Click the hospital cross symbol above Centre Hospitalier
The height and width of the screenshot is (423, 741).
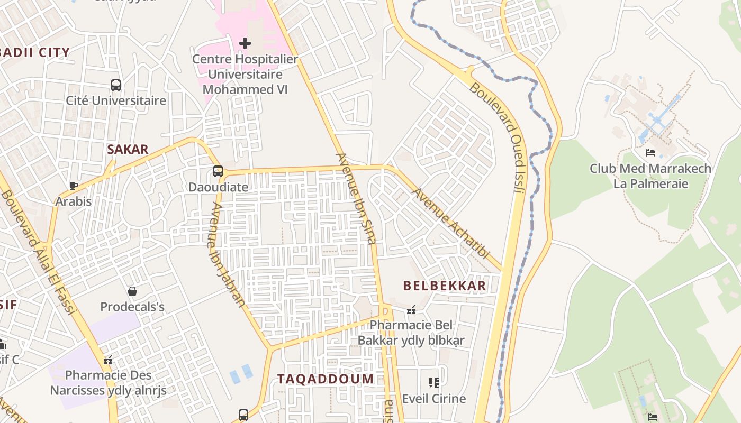[245, 43]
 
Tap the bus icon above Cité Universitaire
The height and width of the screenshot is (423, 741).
[116, 85]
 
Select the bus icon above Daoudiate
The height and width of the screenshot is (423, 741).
[218, 171]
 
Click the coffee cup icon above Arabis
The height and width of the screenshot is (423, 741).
[74, 186]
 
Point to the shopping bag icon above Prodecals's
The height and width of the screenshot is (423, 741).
[132, 291]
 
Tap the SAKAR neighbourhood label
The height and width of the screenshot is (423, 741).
[128, 149]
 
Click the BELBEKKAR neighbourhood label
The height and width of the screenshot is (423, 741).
[444, 286]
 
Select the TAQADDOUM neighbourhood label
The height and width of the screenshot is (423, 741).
[326, 379]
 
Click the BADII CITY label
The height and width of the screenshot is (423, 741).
[36, 52]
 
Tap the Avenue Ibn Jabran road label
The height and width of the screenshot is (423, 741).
[228, 254]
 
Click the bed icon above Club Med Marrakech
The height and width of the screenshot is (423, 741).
[650, 153]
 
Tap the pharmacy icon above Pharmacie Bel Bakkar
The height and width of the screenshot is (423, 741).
[411, 310]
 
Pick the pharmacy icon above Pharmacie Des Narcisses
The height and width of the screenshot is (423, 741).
[108, 360]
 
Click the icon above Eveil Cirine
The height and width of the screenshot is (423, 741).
[434, 383]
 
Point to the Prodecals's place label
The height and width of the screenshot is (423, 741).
[132, 307]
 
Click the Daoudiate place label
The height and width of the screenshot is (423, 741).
[218, 187]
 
